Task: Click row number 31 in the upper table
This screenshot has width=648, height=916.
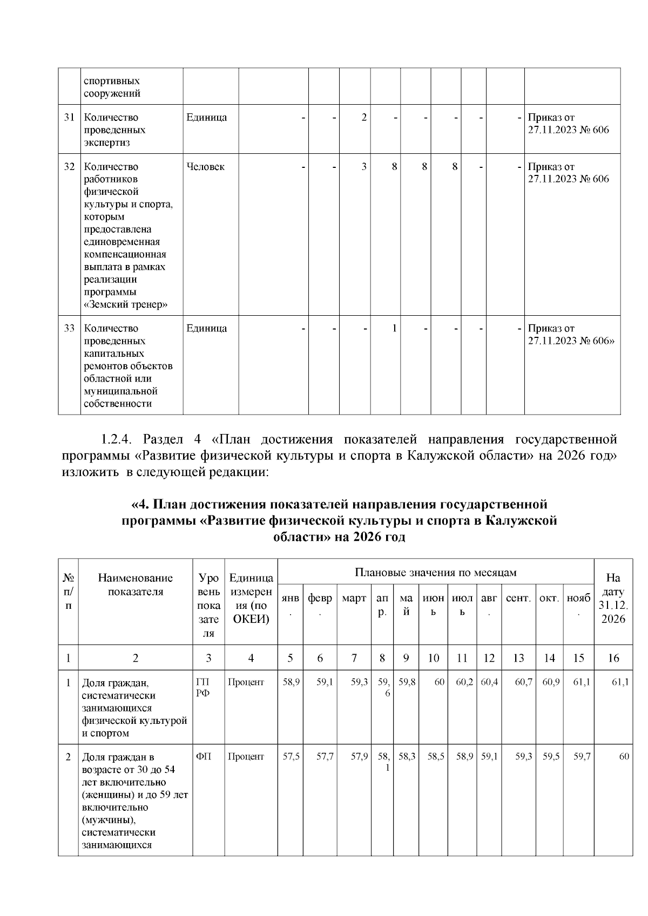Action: point(69,118)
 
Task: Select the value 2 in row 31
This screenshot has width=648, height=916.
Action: point(364,118)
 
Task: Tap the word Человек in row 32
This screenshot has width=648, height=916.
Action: point(205,167)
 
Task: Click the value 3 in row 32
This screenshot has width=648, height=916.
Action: point(364,167)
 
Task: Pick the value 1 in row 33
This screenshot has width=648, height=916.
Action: point(394,328)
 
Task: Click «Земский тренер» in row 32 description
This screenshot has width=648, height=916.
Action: point(125,304)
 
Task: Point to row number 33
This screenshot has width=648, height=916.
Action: point(69,328)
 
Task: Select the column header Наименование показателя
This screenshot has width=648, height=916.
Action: point(136,585)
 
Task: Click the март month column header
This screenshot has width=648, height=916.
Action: point(354,599)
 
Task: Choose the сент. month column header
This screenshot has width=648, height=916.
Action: point(518,599)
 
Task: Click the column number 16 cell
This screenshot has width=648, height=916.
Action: point(613,658)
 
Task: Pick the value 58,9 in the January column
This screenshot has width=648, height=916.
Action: point(291,682)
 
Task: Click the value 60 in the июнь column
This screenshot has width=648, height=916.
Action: point(439,682)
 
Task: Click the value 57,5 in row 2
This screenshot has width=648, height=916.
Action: point(291,757)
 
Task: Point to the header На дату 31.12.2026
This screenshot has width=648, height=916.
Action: point(613,599)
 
